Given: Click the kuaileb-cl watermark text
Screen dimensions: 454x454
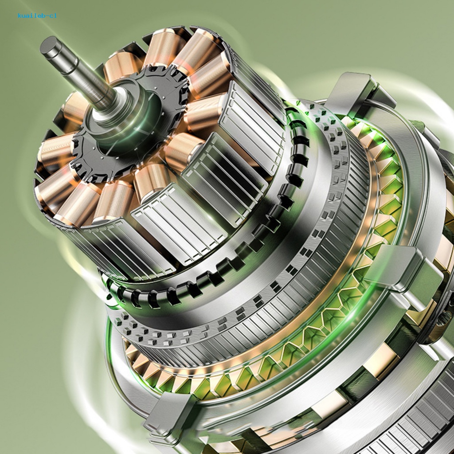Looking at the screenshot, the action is click(37, 16).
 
